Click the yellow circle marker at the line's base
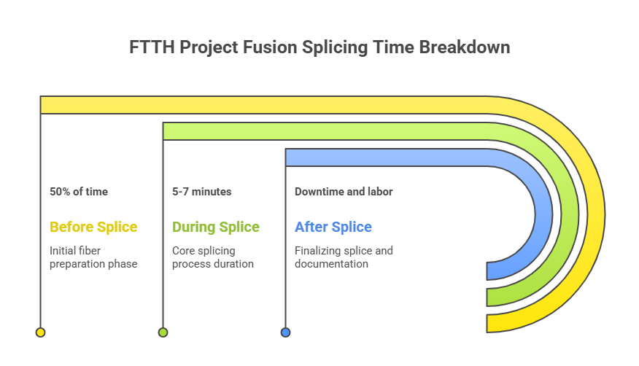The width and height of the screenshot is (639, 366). click(x=40, y=332)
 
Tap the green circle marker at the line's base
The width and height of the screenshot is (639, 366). click(x=163, y=332)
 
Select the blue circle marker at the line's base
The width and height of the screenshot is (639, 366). click(x=286, y=332)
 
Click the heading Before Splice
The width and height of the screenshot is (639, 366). click(x=93, y=227)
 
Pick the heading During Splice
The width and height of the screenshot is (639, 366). click(x=216, y=227)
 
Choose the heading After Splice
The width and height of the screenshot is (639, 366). click(x=333, y=227)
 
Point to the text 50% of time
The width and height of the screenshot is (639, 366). click(x=79, y=191)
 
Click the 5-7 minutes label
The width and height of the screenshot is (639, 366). click(x=202, y=191)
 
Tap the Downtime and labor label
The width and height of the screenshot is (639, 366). click(x=344, y=191)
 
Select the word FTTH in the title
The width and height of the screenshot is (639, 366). click(x=152, y=47)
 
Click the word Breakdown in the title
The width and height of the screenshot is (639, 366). click(x=465, y=47)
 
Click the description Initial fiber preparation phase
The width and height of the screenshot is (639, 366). click(x=93, y=257)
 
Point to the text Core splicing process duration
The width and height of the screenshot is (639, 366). click(x=213, y=257)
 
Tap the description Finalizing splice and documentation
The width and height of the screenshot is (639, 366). click(x=344, y=257)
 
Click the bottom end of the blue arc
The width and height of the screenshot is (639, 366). click(x=487, y=271)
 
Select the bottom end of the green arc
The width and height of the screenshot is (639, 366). click(x=487, y=297)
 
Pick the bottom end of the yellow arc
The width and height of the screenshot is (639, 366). click(x=487, y=324)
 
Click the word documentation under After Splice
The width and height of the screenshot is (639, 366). click(x=331, y=264)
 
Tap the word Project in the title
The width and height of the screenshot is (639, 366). click(x=209, y=47)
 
